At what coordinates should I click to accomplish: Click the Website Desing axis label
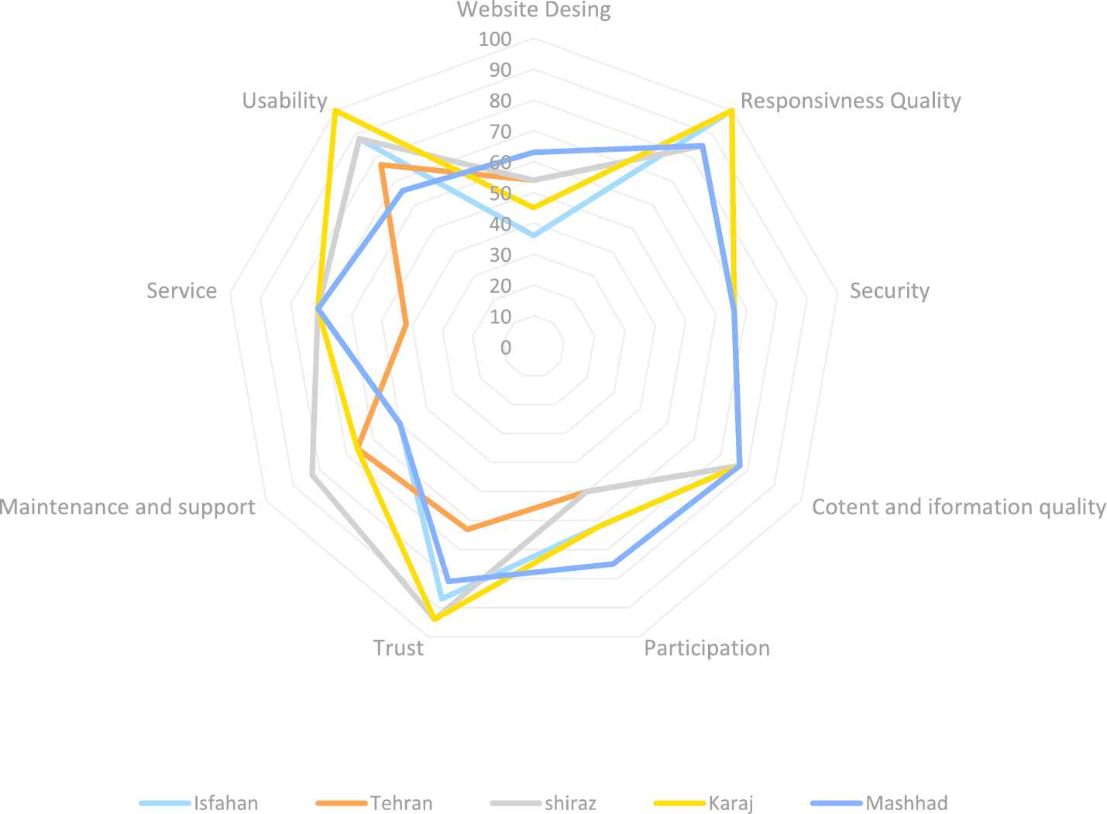point(533,10)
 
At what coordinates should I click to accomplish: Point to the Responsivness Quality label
point(851,101)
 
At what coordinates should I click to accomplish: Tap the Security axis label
point(889,290)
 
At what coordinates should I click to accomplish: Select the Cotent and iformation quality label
point(958,507)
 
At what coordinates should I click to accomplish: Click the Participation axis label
point(706,647)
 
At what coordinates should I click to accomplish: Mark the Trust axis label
point(398,647)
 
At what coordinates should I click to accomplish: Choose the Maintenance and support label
point(128,507)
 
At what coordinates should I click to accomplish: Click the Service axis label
point(181,290)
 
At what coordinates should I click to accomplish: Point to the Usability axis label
point(284,101)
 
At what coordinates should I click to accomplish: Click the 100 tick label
point(495,39)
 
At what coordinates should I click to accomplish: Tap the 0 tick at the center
point(506,348)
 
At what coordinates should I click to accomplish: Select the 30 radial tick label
point(500,256)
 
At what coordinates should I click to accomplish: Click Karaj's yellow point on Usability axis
point(335,111)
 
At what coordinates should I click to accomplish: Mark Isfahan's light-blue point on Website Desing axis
point(533,235)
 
